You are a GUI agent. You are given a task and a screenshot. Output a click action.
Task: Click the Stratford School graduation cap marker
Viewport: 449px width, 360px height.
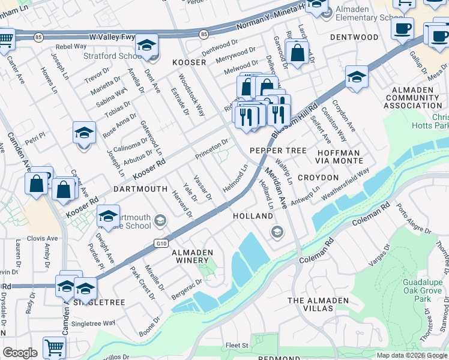click(x=145, y=46)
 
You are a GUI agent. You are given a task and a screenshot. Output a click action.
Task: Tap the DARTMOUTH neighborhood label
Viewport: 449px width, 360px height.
click(x=140, y=188)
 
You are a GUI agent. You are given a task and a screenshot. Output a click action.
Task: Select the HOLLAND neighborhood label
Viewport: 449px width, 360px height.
click(x=253, y=215)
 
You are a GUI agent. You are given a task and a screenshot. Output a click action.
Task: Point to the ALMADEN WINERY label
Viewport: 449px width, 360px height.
click(x=190, y=256)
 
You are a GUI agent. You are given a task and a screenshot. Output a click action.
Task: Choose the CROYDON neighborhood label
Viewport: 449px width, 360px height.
click(x=318, y=178)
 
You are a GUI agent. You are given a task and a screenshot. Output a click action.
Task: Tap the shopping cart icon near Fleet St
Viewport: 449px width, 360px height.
click(x=55, y=347)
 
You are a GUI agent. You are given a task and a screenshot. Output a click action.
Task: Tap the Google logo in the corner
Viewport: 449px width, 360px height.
click(x=20, y=353)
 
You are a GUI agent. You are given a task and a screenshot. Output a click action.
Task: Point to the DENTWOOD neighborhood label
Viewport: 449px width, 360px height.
click(x=354, y=37)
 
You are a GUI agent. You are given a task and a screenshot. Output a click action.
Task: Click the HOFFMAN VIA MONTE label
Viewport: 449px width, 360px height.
click(x=339, y=157)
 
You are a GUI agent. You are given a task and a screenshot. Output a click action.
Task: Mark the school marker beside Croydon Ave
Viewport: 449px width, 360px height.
click(x=357, y=78)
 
